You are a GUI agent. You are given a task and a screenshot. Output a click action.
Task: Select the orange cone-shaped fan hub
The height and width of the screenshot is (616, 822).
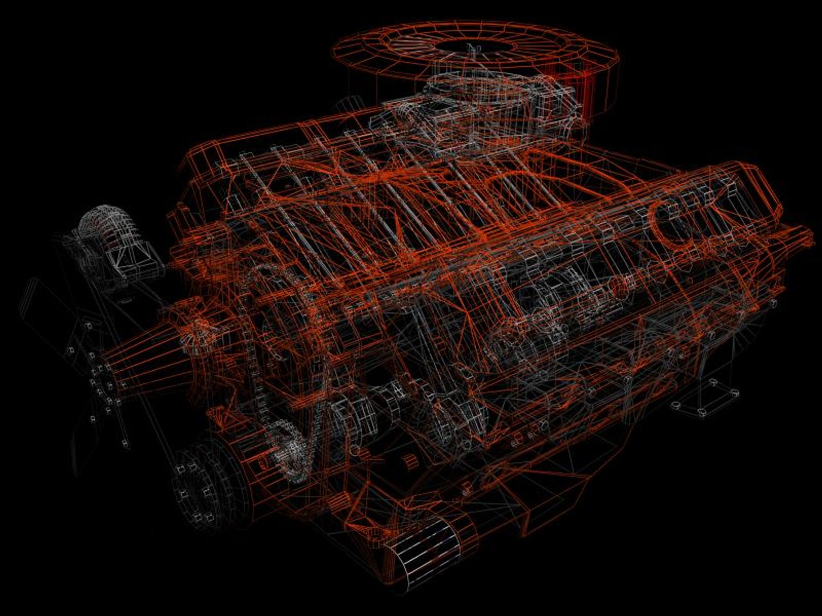coord(146,354)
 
